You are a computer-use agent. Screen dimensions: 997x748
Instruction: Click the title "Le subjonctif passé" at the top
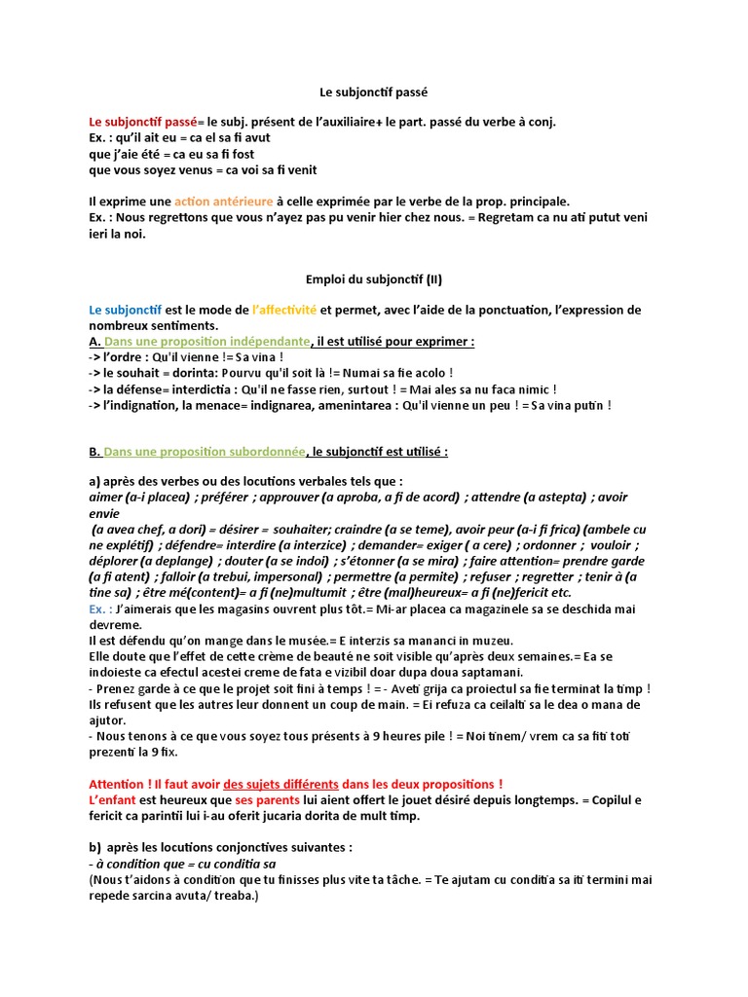(374, 92)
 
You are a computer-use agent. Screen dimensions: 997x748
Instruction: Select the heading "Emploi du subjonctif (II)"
(374, 279)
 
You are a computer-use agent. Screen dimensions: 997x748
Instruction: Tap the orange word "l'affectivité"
(284, 310)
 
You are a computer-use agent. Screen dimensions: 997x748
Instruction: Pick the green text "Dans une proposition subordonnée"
(205, 452)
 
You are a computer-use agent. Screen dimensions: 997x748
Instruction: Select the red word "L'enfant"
(114, 799)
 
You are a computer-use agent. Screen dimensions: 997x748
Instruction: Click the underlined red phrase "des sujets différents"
(281, 784)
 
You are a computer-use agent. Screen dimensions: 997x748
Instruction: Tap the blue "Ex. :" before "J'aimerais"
(100, 609)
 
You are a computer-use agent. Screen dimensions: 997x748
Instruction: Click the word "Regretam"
(506, 217)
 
